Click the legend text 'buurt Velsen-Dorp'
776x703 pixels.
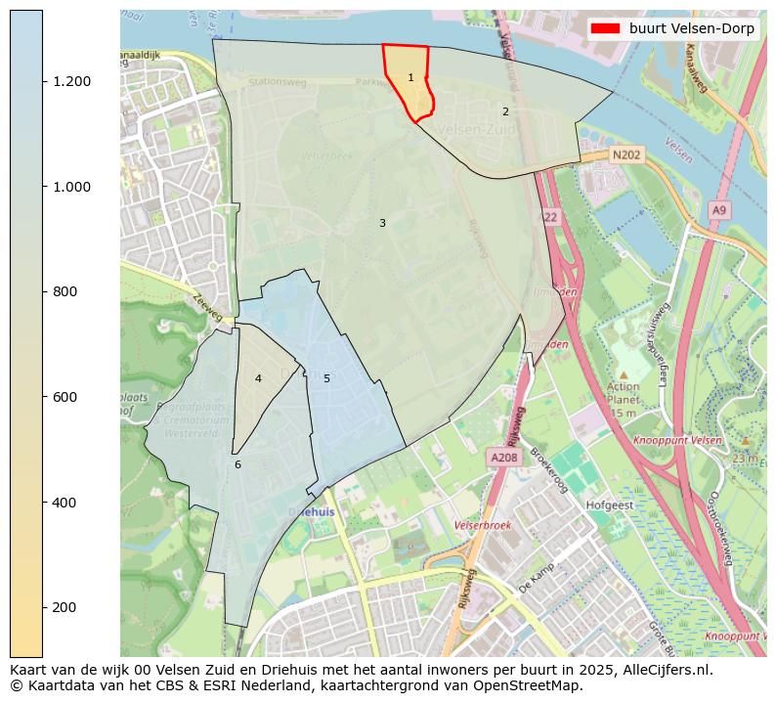(691, 29)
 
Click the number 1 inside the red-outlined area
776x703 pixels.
(410, 77)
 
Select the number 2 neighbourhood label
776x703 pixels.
(505, 111)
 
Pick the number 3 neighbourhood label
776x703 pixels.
(382, 223)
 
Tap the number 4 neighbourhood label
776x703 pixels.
(258, 378)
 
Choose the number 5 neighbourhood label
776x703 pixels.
(326, 378)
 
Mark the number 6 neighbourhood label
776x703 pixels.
(237, 464)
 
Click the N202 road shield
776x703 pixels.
(625, 154)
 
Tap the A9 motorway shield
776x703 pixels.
(719, 210)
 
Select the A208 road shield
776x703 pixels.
(504, 457)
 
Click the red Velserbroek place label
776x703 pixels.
(483, 525)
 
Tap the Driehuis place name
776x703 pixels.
(312, 511)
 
